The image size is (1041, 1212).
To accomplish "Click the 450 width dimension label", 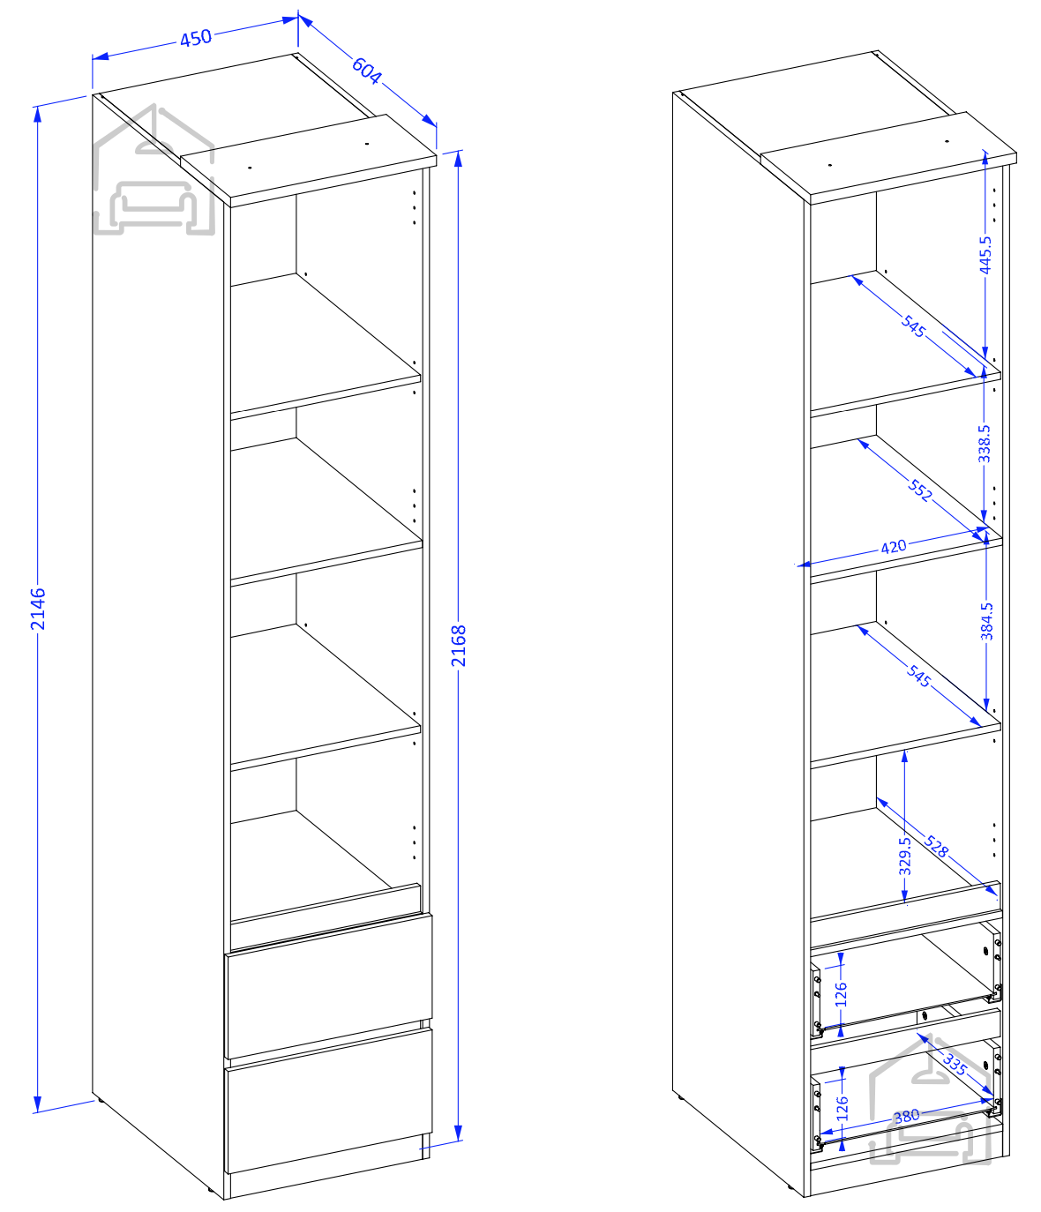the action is coord(195,39).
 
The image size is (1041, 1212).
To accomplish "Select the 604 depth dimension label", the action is coord(367,71).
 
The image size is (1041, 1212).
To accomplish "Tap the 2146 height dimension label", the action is coord(38,609).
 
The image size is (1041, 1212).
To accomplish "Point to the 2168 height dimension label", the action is coord(458,646).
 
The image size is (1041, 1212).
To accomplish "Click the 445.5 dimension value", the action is coord(985,254).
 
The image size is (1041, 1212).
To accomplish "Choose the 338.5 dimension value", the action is coord(985,444).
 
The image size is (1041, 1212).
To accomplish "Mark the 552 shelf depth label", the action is coord(919,490).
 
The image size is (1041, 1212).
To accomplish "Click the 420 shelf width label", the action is coord(893,547).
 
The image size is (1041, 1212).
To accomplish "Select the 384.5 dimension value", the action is coord(986,621).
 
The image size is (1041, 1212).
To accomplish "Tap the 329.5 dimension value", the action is coord(905,857).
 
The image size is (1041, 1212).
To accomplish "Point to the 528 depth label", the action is coord(936,846).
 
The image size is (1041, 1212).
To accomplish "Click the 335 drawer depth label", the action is coord(955,1063).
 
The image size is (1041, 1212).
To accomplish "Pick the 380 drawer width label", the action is coord(907,1116).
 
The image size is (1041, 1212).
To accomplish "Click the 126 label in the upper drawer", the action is coord(841,994).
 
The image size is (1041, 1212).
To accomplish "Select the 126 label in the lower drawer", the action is coord(843,1108).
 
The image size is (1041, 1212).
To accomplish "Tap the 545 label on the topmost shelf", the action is coord(913,326).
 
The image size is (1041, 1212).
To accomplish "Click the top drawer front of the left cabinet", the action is coord(329,986).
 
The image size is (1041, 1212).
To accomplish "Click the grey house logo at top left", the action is coord(154,170).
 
